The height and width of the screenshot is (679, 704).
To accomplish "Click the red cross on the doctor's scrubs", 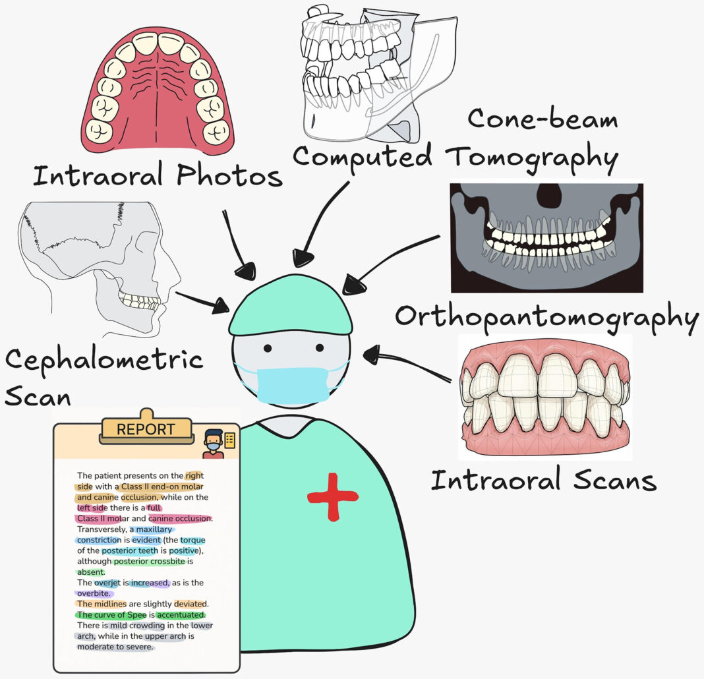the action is click(x=333, y=496).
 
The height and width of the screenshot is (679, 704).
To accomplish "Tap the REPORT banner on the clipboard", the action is click(x=146, y=429).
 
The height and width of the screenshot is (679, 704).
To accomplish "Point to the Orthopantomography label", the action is click(x=547, y=317).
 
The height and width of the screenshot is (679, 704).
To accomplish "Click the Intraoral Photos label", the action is click(x=158, y=175).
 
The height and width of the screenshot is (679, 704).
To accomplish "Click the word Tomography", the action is click(x=532, y=158).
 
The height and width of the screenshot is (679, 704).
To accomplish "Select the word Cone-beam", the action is click(x=543, y=119).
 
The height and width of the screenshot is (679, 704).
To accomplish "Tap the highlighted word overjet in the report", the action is click(x=107, y=583).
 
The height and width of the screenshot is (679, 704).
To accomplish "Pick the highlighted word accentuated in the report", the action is click(x=181, y=615).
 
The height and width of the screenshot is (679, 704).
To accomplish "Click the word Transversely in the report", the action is click(x=102, y=529).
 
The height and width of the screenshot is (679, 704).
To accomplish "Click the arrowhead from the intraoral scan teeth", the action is click(x=372, y=355).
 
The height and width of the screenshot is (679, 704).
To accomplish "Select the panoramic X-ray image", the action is click(x=547, y=237).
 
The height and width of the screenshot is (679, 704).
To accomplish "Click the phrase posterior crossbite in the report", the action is click(x=150, y=562).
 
